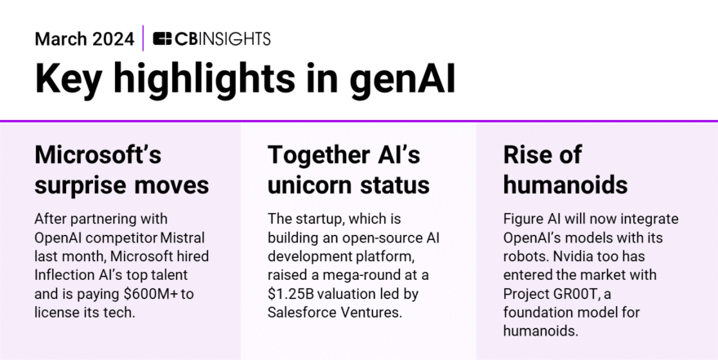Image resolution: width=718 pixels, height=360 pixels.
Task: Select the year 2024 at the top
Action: pyautogui.click(x=113, y=38)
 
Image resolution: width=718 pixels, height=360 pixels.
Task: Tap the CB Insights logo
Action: pyautogui.click(x=211, y=38)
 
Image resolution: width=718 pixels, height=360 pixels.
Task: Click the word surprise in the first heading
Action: pyautogui.click(x=87, y=184)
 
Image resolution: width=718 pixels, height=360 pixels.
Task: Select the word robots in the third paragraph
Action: pyautogui.click(x=525, y=256)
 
